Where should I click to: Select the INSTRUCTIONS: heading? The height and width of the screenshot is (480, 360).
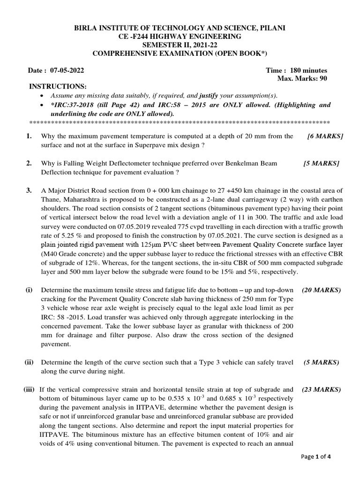pyautogui.click(x=58, y=87)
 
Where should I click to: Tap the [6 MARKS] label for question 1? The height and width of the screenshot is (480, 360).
pyautogui.click(x=325, y=136)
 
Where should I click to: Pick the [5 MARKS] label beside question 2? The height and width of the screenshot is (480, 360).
pyautogui.click(x=321, y=164)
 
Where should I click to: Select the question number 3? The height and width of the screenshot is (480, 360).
pyautogui.click(x=29, y=190)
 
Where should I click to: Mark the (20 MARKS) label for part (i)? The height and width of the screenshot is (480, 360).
pyautogui.click(x=321, y=290)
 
